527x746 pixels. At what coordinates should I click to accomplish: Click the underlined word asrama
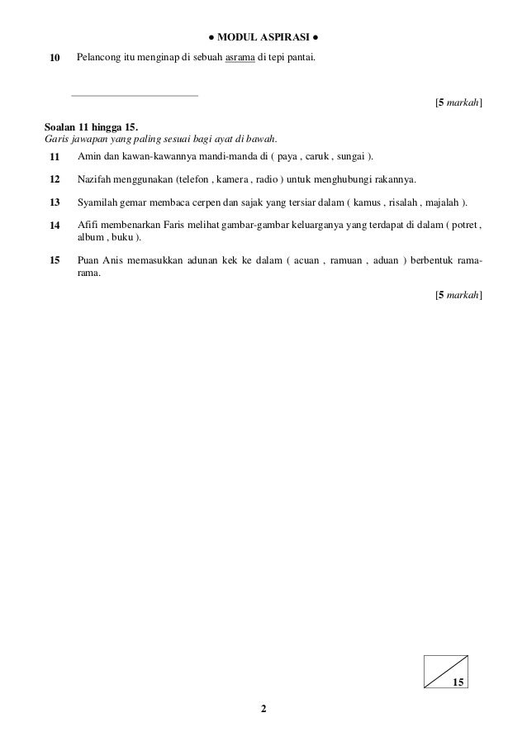[240, 59]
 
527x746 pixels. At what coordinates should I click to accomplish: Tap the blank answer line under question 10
[135, 95]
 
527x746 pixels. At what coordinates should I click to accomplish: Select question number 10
[55, 59]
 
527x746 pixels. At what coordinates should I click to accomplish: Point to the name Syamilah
[98, 202]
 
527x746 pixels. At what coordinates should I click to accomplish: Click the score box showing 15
[445, 671]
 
